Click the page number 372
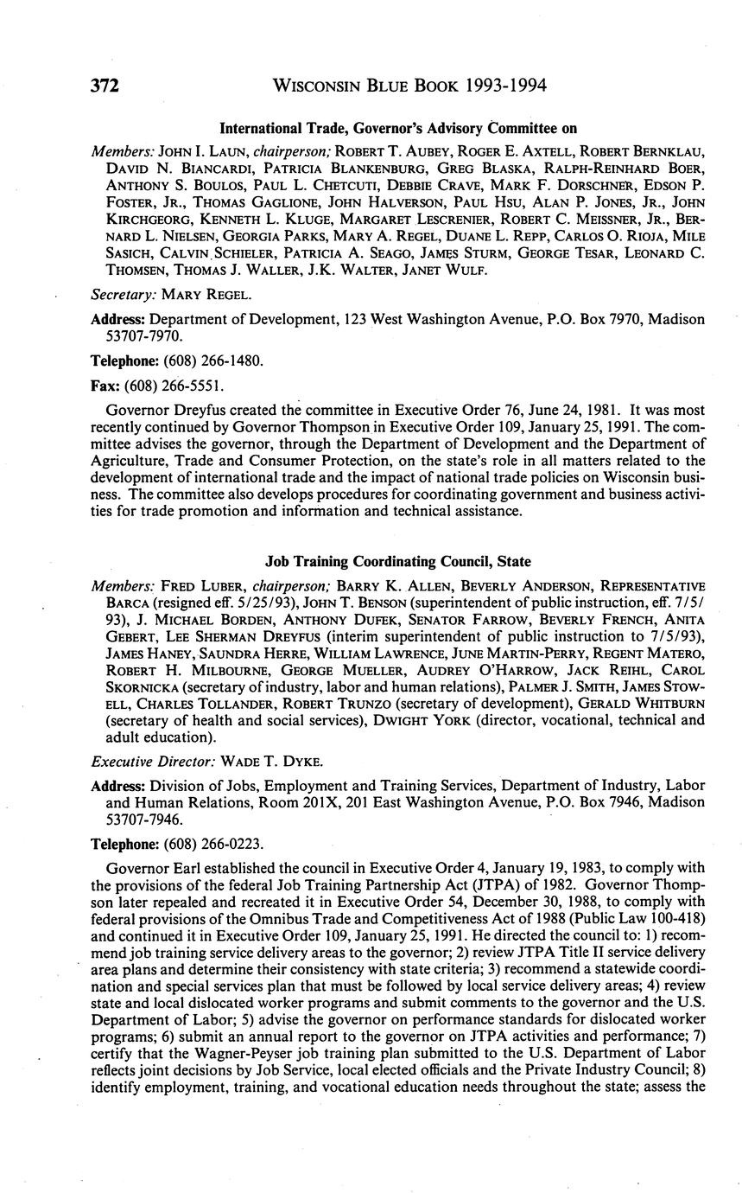[104, 86]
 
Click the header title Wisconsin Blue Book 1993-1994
[409, 86]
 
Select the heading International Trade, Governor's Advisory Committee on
[398, 129]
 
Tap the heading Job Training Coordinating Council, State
[398, 561]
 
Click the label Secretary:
[121, 295]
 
